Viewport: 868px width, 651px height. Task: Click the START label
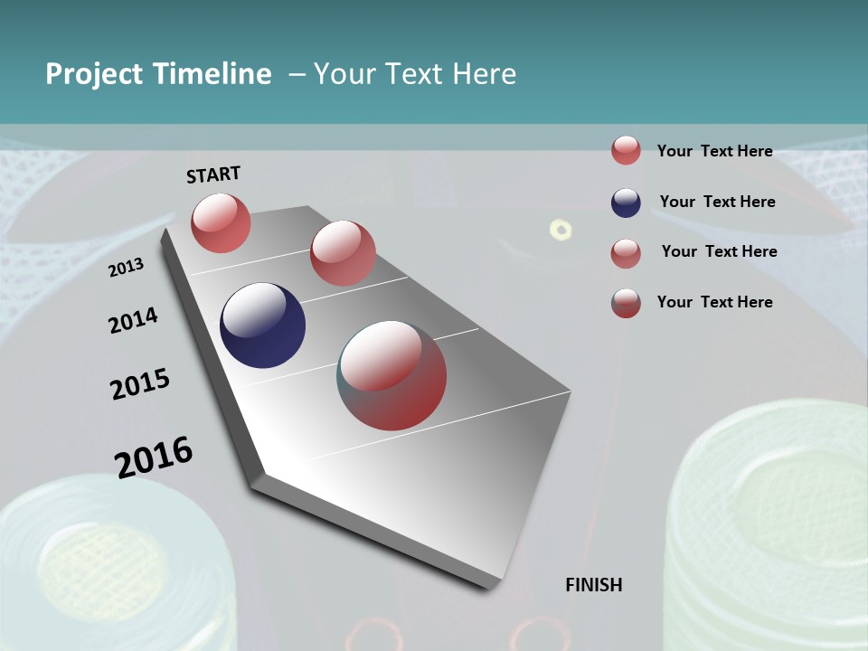(213, 174)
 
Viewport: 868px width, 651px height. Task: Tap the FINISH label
(593, 585)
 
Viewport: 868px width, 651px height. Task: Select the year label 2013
(126, 268)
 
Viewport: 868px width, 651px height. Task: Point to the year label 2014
(133, 320)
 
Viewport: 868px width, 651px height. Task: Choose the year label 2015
(139, 383)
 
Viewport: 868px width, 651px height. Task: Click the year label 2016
(154, 457)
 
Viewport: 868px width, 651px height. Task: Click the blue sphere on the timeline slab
(262, 325)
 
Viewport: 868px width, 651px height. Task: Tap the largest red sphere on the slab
(392, 375)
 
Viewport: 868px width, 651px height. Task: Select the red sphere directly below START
(221, 222)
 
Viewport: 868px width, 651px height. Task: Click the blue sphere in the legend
(626, 203)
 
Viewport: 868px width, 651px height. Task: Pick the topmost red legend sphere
(626, 151)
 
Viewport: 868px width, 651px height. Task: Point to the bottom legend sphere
(626, 303)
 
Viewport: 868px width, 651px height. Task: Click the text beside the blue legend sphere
(717, 202)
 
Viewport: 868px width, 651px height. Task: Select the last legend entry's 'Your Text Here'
(714, 302)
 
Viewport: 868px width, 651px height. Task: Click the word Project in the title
(94, 74)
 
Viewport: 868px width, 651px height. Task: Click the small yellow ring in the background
(561, 230)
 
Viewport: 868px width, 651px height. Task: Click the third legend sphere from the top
(626, 253)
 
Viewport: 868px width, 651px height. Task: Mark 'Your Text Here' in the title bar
(414, 74)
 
